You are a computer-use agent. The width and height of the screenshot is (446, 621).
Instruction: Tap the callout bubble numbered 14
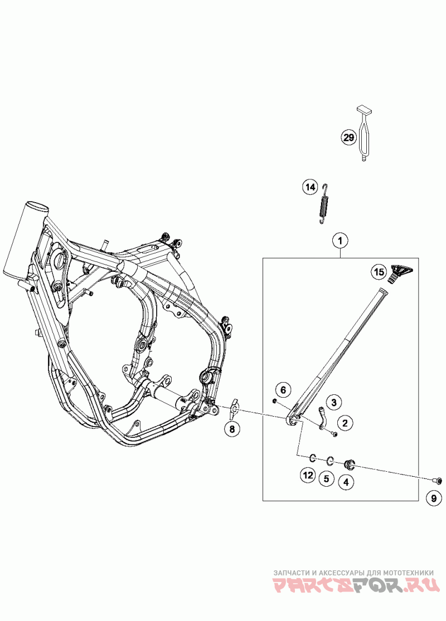click(x=310, y=187)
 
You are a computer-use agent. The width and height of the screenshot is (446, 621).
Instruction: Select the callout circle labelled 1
click(x=341, y=241)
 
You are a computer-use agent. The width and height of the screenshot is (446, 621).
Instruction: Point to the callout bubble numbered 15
click(x=379, y=272)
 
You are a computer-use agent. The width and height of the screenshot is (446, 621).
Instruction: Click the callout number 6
click(x=283, y=389)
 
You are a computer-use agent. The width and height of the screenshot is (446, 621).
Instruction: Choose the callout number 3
click(x=334, y=402)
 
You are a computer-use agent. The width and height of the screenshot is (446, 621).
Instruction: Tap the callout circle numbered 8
click(x=231, y=428)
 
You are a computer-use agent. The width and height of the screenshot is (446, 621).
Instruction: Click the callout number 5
click(x=327, y=478)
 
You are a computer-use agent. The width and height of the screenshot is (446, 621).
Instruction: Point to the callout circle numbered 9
click(x=433, y=499)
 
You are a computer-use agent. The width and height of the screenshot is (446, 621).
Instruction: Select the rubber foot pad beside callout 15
click(x=399, y=272)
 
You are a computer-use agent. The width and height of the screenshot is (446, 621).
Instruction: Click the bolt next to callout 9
click(x=438, y=480)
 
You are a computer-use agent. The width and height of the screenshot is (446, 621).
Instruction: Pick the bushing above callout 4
click(x=350, y=463)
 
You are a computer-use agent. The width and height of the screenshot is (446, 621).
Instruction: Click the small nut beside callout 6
click(x=275, y=400)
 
